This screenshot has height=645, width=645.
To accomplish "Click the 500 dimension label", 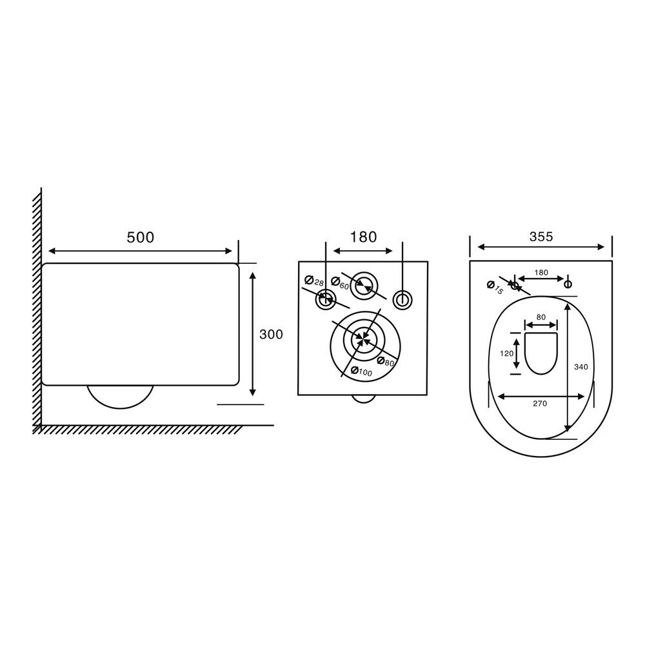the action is pyautogui.click(x=140, y=237).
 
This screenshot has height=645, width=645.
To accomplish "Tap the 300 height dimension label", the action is pyautogui.click(x=271, y=334).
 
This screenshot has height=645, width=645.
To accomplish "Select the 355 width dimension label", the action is pyautogui.click(x=541, y=237).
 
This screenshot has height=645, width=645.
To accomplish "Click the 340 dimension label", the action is pyautogui.click(x=581, y=367).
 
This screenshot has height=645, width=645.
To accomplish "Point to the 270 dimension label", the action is pyautogui.click(x=540, y=404).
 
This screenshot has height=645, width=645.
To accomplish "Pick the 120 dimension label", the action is pyautogui.click(x=507, y=353).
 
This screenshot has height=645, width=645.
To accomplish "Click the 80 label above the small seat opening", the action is pyautogui.click(x=541, y=317).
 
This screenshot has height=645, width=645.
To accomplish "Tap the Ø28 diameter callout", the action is pyautogui.click(x=314, y=281).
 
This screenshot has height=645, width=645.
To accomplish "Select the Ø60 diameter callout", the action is pyautogui.click(x=340, y=283).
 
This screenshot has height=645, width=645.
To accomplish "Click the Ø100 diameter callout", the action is pyautogui.click(x=361, y=371).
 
